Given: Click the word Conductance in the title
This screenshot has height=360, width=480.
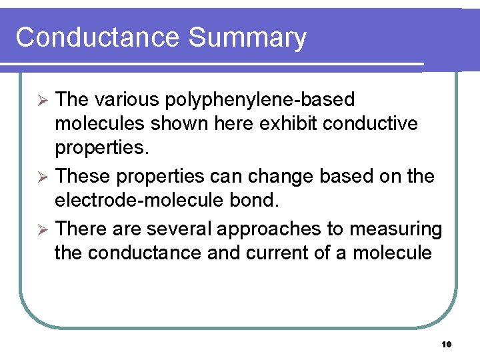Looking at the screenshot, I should tap(97, 37).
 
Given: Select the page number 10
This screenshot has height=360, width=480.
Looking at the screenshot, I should tap(447, 345).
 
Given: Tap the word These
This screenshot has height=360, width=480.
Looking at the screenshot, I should tap(83, 177).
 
